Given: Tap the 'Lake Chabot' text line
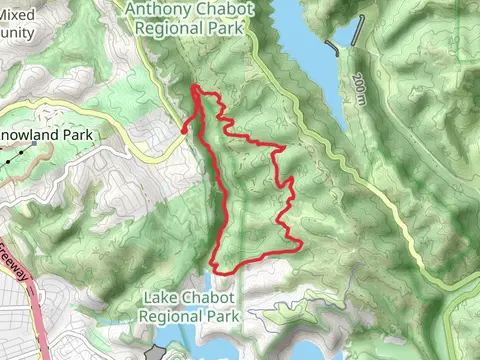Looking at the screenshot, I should pyautogui.click(x=192, y=297).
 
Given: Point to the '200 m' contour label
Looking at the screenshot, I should pyautogui.click(x=359, y=91).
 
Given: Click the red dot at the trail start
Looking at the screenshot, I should pyautogui.click(x=184, y=127).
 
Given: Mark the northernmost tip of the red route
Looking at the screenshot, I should pyautogui.click(x=194, y=88).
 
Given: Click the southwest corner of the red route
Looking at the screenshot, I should pyautogui.click(x=213, y=269).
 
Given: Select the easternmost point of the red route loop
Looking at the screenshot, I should pyautogui.click(x=301, y=242).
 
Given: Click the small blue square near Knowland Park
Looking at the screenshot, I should pyautogui.click(x=34, y=145).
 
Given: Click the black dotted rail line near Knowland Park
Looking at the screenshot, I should pyautogui.click(x=12, y=157).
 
